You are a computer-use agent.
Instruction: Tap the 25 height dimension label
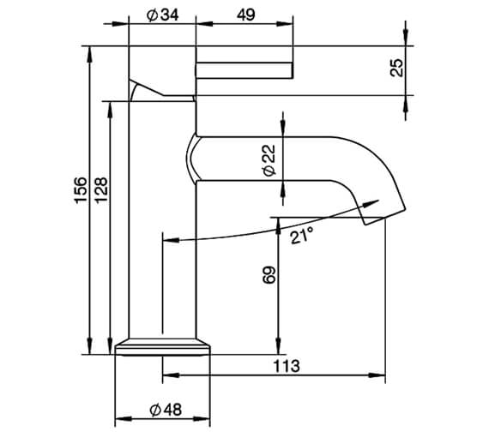(x=395, y=68)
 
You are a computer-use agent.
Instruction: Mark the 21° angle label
(x=300, y=235)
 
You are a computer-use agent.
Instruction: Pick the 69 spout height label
(x=267, y=276)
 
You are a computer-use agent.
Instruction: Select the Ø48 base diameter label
(x=163, y=411)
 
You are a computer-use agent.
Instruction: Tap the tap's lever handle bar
(x=244, y=69)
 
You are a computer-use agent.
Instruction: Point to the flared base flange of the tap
(x=163, y=345)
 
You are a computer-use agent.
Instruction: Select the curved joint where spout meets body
(x=192, y=159)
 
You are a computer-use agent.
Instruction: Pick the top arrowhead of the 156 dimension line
(x=89, y=51)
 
